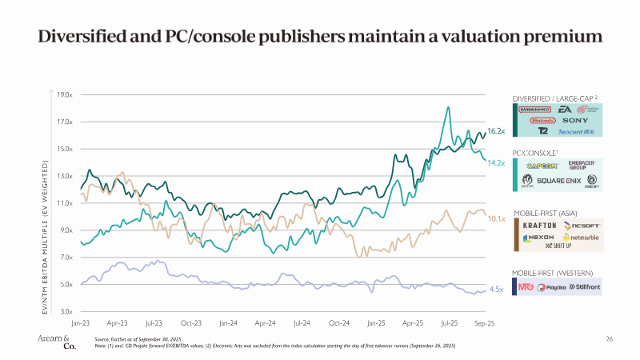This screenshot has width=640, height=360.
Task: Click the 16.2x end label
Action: point(495,130)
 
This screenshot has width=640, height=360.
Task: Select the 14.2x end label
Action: point(496,163)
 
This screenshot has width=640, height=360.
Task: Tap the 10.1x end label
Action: point(496,218)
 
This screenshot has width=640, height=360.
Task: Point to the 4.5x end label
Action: point(496,290)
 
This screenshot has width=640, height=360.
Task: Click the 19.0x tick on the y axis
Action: point(65,95)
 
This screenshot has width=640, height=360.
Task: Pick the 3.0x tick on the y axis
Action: point(66,311)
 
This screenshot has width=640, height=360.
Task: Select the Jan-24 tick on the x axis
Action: point(227,324)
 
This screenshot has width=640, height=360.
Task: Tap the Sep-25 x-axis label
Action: point(485,324)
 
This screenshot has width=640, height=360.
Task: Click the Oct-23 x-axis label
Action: point(190,324)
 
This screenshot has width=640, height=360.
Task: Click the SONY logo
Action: point(575,120)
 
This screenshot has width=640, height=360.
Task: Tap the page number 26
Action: point(609,340)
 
